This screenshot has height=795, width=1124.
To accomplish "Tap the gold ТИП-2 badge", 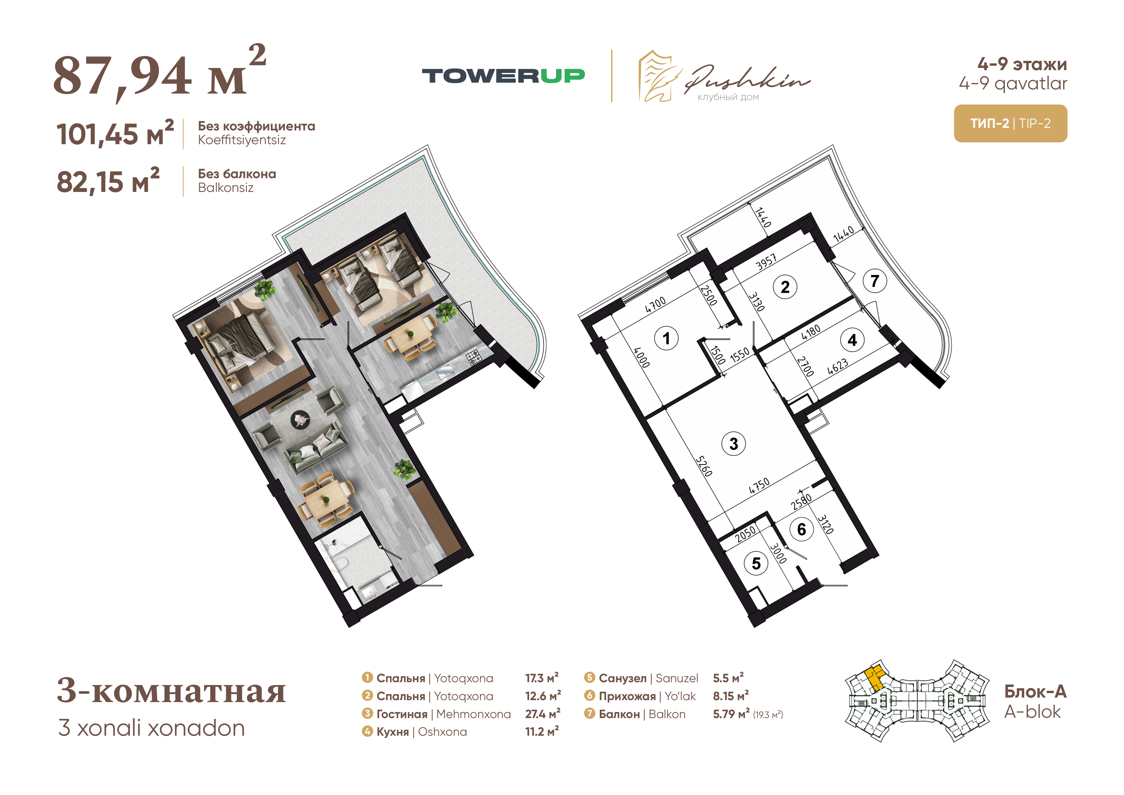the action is tap(1010, 123).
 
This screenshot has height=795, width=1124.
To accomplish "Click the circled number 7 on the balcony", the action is tap(874, 281).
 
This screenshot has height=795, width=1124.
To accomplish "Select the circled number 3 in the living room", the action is tap(733, 444).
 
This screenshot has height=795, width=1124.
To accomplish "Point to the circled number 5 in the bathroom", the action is tap(756, 563).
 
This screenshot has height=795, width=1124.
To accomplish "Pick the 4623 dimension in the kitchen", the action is tap(838, 366).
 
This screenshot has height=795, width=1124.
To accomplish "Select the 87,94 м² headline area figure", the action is tap(160, 73).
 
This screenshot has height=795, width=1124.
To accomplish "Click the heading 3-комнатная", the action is tap(171, 690).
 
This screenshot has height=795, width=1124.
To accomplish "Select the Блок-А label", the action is tap(1035, 691).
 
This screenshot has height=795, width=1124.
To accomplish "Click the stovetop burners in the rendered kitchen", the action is tap(474, 357).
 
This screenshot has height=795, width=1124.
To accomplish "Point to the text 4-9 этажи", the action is tap(1022, 64).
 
